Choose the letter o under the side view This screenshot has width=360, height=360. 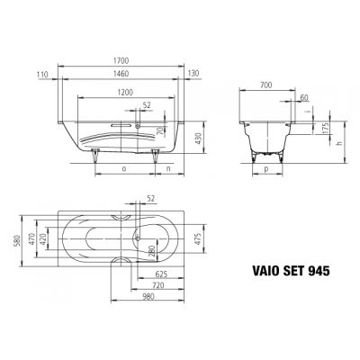tap(123, 167)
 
